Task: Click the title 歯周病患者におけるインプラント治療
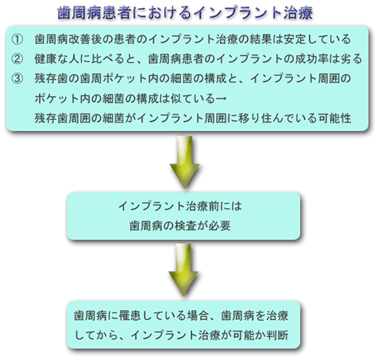point(185,13)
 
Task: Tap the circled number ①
point(17,39)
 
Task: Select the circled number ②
point(17,59)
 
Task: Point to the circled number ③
point(17,79)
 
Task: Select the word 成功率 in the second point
point(311,59)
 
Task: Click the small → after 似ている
point(221,98)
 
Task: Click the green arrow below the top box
point(184,162)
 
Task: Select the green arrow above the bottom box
point(184,269)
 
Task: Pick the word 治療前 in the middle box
point(203,206)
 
